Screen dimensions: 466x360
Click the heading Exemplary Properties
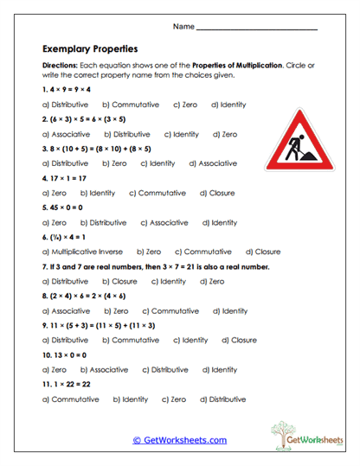[89, 49]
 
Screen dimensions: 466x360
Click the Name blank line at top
[257, 29]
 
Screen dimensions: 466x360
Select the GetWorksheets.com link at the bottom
[180, 440]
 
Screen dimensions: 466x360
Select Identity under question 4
[101, 193]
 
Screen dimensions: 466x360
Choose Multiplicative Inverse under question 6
[84, 252]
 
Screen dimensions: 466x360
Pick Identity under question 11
[134, 399]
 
